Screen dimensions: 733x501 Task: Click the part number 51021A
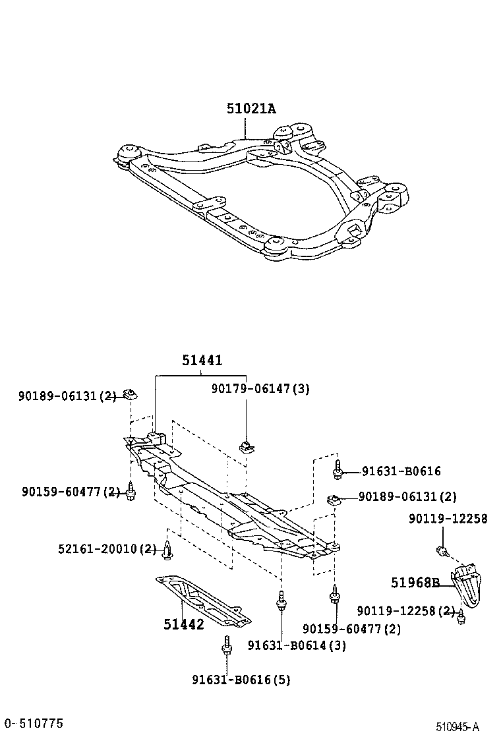click(251, 109)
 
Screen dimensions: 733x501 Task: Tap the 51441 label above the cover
click(202, 361)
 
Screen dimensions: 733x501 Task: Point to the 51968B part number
click(415, 583)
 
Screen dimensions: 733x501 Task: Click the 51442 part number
click(184, 624)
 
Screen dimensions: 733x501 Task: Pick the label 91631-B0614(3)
click(297, 645)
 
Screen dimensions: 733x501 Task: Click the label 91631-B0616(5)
click(241, 680)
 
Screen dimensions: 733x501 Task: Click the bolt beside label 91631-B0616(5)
click(227, 647)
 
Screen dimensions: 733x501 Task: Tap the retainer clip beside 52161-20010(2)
click(168, 551)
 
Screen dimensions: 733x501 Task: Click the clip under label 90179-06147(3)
click(246, 447)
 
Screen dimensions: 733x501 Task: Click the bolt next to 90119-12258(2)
click(461, 616)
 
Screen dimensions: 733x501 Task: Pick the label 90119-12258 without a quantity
click(448, 519)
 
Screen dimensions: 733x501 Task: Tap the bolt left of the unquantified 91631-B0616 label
click(338, 471)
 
